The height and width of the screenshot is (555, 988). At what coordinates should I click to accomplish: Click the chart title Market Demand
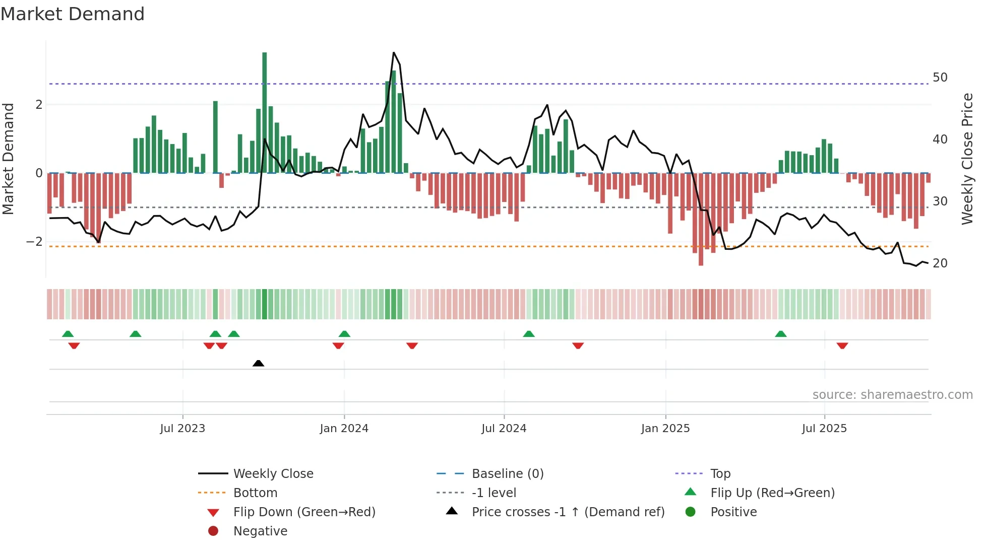pyautogui.click(x=73, y=14)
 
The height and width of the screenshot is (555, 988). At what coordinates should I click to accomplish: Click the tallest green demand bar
pyautogui.click(x=265, y=111)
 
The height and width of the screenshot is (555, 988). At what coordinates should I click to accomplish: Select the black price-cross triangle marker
pyautogui.click(x=258, y=363)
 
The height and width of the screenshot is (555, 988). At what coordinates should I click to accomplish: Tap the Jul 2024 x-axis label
pyautogui.click(x=504, y=429)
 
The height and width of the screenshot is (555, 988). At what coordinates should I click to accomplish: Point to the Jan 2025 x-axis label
pyautogui.click(x=665, y=429)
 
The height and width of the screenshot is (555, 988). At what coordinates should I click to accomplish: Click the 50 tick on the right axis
pyautogui.click(x=940, y=78)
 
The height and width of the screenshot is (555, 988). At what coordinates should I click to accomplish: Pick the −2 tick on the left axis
pyautogui.click(x=34, y=242)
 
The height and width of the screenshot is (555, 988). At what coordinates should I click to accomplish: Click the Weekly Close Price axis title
pyautogui.click(x=967, y=159)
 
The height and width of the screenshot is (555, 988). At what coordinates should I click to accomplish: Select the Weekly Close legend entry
pyautogui.click(x=273, y=474)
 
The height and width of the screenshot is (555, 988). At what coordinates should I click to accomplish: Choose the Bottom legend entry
pyautogui.click(x=255, y=493)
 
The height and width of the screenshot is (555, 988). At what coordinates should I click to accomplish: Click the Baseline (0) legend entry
pyautogui.click(x=507, y=474)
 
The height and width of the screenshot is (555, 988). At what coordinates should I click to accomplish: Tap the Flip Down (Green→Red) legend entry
pyautogui.click(x=304, y=512)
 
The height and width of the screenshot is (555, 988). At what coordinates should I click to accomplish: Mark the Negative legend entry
pyautogui.click(x=260, y=531)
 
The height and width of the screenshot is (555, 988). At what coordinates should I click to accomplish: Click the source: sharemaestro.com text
pyautogui.click(x=892, y=395)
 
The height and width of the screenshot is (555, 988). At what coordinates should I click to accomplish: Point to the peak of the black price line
pyautogui.click(x=394, y=53)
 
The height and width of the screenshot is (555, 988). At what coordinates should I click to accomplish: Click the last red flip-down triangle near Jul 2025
pyautogui.click(x=842, y=345)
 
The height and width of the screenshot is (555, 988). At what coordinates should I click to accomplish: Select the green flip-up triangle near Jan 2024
pyautogui.click(x=344, y=334)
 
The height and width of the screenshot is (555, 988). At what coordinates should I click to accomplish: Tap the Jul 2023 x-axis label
pyautogui.click(x=182, y=429)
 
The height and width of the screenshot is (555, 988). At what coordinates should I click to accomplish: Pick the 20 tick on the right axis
pyautogui.click(x=940, y=263)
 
